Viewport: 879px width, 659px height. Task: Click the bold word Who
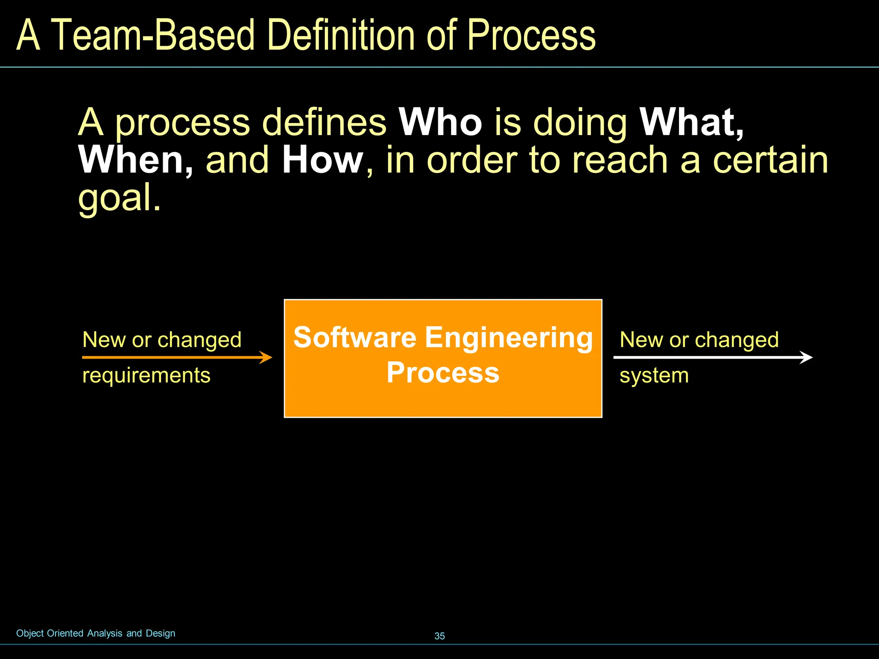(440, 123)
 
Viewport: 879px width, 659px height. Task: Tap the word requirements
(146, 375)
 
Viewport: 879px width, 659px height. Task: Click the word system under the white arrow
(654, 375)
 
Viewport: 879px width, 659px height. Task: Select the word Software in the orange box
(355, 337)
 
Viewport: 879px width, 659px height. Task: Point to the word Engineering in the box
(509, 338)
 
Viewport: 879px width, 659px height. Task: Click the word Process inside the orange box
(443, 372)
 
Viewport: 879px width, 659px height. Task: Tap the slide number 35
(439, 636)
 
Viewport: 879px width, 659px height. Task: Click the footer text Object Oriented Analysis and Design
(96, 633)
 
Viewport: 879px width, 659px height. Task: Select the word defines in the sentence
(324, 123)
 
